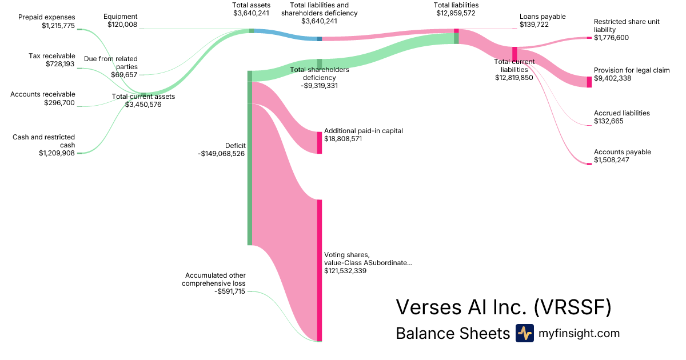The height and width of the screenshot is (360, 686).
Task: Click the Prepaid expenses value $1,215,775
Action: click(x=58, y=26)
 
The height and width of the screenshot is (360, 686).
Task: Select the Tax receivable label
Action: click(x=51, y=56)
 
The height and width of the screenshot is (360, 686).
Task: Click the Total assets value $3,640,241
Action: click(x=251, y=13)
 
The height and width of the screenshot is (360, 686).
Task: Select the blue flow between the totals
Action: click(x=286, y=34)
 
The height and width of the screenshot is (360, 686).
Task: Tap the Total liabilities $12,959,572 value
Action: click(x=456, y=13)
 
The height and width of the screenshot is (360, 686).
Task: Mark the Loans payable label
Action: click(x=543, y=17)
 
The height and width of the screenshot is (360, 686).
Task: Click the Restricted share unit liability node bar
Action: click(x=589, y=38)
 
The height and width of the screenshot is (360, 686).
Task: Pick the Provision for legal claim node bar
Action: click(x=589, y=82)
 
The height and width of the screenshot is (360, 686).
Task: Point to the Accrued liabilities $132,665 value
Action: click(x=608, y=121)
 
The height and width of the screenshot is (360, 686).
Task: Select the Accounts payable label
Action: click(x=623, y=152)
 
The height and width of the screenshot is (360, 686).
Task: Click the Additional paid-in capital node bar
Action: click(x=320, y=142)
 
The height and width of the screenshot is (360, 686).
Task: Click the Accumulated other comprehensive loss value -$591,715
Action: click(x=229, y=291)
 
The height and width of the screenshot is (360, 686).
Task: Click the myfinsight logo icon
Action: click(x=524, y=333)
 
